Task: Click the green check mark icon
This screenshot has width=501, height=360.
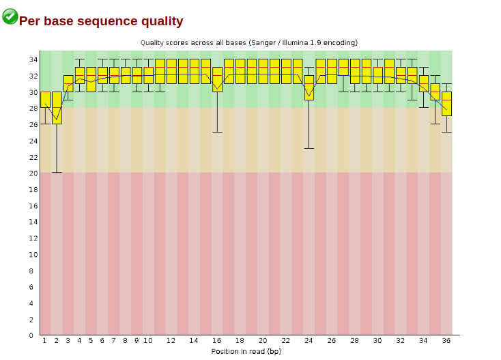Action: coord(10,16)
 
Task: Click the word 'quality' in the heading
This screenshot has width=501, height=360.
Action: coord(158,21)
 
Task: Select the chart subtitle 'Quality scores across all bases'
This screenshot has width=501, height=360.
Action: coord(194,42)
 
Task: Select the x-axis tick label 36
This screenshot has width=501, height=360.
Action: coord(446,340)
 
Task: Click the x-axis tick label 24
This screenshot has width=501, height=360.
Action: coord(309,340)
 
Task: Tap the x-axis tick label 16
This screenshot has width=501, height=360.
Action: coord(217,340)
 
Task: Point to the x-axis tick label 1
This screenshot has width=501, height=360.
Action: coord(45,340)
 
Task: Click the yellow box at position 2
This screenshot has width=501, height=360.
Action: coord(57,108)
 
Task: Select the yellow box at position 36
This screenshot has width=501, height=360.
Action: coord(446,104)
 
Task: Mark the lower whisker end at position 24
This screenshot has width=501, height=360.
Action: coord(309,148)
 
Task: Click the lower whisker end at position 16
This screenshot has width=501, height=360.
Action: coord(217,132)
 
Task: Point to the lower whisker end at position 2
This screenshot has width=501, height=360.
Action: coord(57,172)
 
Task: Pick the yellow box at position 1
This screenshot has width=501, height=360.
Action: coord(45,100)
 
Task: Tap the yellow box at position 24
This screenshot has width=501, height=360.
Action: coord(309,87)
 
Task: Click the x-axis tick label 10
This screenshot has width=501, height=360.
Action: coord(148,340)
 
